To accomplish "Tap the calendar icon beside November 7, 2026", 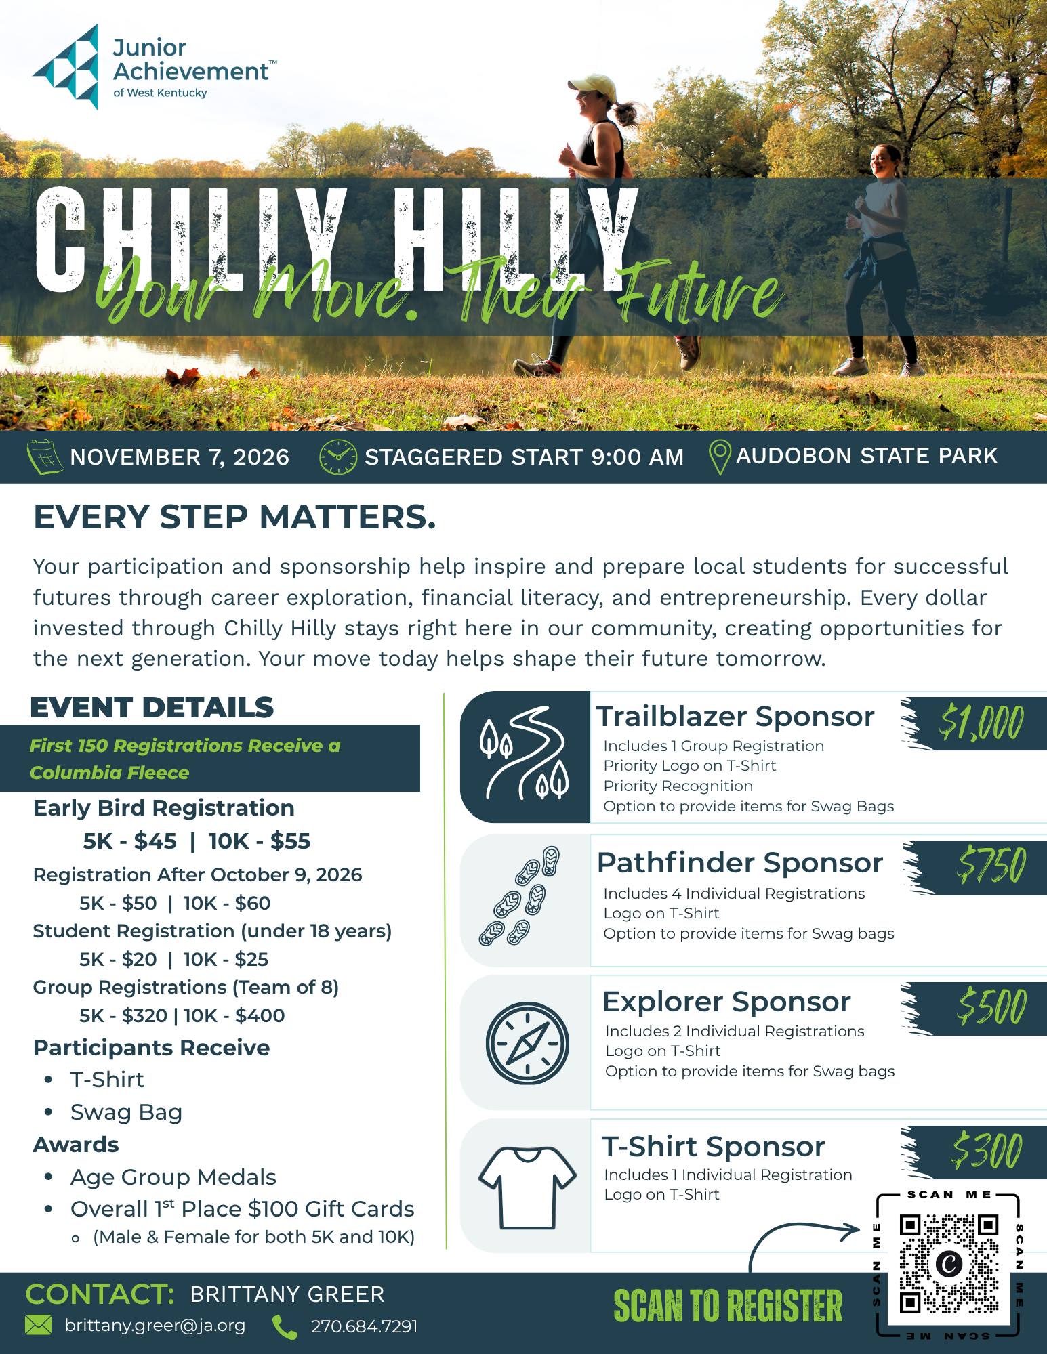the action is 45,457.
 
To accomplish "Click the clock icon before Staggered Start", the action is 338,457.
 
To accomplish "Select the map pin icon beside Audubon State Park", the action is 720,457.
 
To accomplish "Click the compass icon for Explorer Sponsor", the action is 527,1043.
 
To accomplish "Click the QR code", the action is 949,1264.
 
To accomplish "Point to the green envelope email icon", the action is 39,1325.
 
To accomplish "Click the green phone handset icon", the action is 285,1327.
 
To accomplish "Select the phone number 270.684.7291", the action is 365,1326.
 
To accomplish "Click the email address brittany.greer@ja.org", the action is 155,1326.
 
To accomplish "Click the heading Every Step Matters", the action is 234,517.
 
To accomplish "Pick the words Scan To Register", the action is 728,1306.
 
